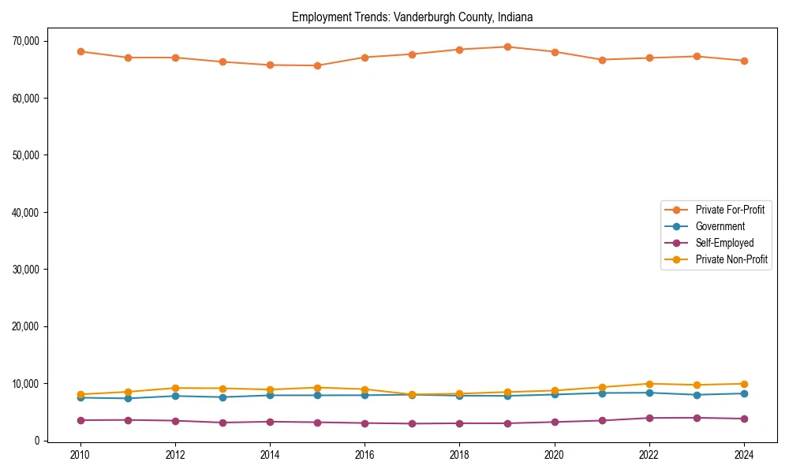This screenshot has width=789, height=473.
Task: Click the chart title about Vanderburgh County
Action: click(412, 17)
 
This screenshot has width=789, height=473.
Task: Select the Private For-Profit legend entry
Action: click(730, 210)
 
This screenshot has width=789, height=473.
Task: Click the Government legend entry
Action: click(720, 226)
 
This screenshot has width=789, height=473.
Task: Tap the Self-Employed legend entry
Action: click(724, 243)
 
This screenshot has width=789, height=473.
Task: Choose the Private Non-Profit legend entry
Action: click(731, 259)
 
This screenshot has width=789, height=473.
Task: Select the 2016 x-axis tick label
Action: click(365, 455)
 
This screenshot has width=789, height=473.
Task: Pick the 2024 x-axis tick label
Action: click(744, 455)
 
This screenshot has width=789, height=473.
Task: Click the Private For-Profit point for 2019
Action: click(507, 47)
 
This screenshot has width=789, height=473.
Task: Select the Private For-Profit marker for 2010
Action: click(80, 51)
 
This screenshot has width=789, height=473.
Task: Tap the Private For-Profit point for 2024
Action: click(744, 61)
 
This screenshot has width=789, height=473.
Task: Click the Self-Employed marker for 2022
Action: click(649, 418)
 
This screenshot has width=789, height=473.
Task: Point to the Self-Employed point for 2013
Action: click(222, 423)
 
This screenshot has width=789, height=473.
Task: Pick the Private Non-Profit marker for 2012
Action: click(175, 388)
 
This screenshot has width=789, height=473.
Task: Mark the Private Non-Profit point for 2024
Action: click(744, 384)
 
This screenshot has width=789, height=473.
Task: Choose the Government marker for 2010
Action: click(80, 397)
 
